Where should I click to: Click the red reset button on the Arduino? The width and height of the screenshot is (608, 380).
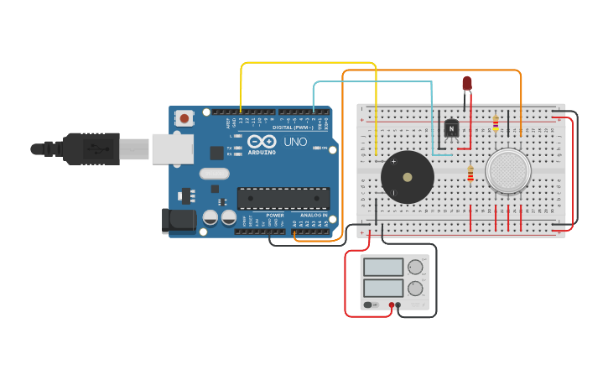(184, 118)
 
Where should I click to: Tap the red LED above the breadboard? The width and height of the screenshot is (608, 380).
(467, 83)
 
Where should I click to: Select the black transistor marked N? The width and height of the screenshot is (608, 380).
(451, 128)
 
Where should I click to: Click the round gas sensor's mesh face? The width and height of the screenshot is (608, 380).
(509, 170)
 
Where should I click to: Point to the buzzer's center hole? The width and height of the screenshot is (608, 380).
(408, 177)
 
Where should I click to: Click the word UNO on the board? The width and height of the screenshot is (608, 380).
(295, 142)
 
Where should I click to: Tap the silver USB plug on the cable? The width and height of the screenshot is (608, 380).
(134, 149)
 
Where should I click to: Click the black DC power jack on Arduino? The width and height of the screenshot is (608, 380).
(179, 221)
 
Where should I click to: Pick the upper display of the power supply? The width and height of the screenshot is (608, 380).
(383, 268)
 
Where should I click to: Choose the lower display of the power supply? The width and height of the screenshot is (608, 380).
(383, 288)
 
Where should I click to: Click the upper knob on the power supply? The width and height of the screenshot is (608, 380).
(416, 268)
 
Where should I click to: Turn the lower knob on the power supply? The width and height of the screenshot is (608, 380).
(416, 289)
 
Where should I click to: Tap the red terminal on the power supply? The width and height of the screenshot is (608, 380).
(392, 305)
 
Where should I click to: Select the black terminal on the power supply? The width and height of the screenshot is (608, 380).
(398, 305)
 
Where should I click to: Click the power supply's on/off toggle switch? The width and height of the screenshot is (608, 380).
(371, 305)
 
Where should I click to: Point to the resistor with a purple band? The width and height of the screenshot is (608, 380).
(496, 124)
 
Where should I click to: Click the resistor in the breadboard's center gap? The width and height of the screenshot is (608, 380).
(470, 174)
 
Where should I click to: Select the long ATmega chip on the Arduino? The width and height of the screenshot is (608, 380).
(283, 198)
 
